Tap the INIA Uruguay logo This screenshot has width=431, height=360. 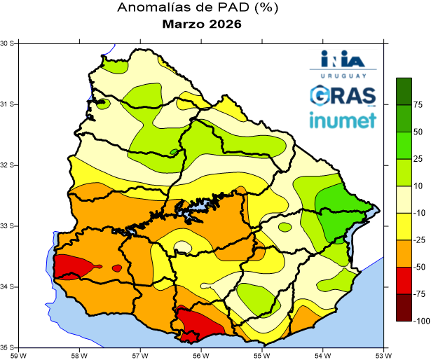343,62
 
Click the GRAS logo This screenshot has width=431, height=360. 343,94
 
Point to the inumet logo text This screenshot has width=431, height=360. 343,120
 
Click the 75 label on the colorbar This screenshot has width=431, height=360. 418,105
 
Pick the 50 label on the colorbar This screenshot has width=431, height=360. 418,132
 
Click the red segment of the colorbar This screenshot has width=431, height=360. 404,280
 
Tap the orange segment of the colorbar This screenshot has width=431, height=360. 404,254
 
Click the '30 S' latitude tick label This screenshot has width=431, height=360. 8,43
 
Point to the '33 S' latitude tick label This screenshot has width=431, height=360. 8,226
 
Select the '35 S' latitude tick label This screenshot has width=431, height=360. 8,347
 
